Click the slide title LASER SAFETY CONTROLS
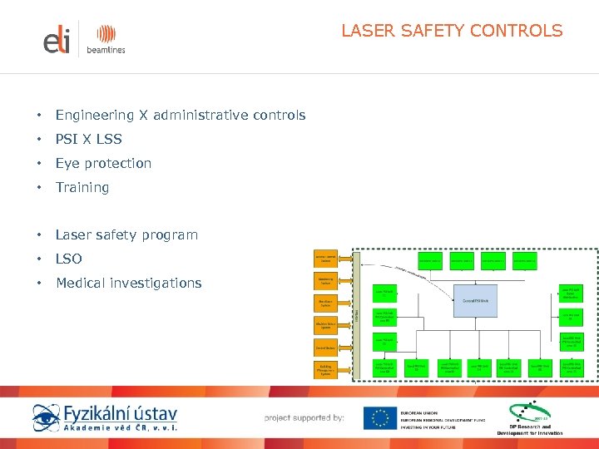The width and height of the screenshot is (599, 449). (x=452, y=32)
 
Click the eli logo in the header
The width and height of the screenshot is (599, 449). (x=57, y=40)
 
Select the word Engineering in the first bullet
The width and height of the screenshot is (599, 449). (x=94, y=116)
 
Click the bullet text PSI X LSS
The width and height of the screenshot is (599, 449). (x=88, y=139)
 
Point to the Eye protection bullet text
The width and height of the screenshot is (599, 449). (x=103, y=163)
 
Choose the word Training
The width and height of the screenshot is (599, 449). (x=82, y=187)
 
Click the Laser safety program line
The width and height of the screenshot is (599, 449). (x=126, y=235)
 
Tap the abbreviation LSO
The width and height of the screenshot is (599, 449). (x=69, y=259)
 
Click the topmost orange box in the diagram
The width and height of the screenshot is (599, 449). (x=326, y=258)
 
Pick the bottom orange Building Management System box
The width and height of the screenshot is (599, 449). (x=326, y=368)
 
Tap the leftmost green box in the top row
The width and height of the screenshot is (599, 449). (x=430, y=261)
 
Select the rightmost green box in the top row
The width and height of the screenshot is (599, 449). (x=524, y=261)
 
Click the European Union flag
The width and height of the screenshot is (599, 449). (x=379, y=417)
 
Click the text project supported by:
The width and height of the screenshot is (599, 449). (x=304, y=417)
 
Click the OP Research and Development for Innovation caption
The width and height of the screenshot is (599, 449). (x=530, y=430)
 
